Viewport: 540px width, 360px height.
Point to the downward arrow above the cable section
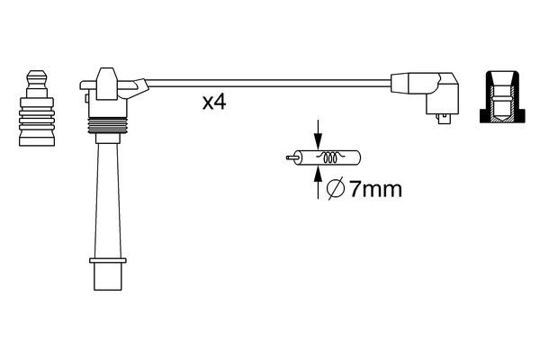(317, 130)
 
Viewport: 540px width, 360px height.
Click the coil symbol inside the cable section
(330, 158)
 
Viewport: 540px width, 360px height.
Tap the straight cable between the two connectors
(270, 84)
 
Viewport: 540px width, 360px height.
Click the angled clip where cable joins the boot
(137, 88)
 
